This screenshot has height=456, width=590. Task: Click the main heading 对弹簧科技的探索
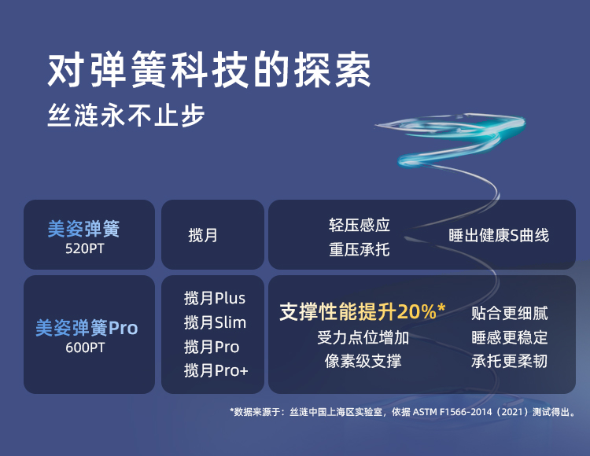209,70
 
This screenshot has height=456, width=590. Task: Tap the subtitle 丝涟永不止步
126,115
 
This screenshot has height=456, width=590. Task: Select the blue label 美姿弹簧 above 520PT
83,228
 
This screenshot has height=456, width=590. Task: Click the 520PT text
84,248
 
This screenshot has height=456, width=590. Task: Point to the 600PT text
85,348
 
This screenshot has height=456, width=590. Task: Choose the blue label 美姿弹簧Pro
87,327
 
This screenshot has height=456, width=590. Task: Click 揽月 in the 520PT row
203,235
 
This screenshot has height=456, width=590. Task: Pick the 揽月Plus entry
215,298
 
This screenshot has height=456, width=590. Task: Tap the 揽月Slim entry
215,322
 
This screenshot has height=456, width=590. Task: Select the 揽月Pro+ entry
216,370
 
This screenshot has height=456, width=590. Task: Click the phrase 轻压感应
360,225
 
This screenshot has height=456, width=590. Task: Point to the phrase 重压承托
360,249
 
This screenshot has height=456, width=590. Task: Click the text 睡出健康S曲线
499,235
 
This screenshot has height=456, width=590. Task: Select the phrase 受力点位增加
363,337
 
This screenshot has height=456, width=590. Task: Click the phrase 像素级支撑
363,361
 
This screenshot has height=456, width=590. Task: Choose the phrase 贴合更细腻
510,313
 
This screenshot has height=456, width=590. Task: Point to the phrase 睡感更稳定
510,337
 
